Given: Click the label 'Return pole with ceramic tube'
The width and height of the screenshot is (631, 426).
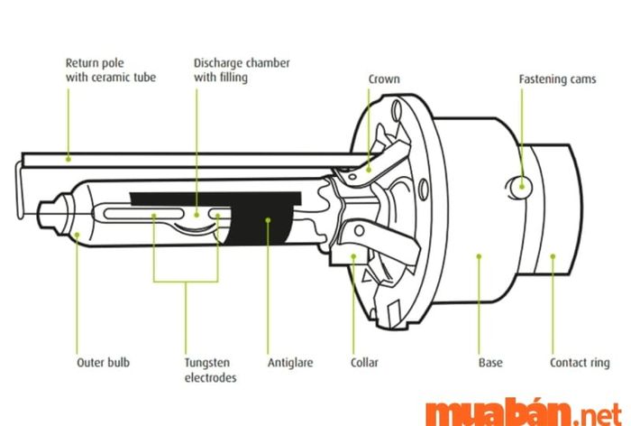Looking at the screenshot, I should point(110,70).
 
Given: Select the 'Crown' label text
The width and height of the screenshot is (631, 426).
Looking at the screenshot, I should point(383,79).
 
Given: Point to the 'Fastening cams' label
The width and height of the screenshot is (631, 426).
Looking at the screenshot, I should point(557,79).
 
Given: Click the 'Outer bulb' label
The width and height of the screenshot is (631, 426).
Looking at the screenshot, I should point(103,363).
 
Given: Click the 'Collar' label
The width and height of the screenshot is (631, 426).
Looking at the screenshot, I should point(364,363).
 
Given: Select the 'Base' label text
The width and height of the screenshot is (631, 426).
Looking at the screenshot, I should point(490,363).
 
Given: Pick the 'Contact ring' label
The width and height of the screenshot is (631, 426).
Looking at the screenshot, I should point(580,363).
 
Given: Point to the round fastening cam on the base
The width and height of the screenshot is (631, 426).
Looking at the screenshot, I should point(520,186).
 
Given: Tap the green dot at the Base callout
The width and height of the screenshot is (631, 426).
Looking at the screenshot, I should point(479,255).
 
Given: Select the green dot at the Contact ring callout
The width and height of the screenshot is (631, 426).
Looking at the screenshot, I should point(553,255).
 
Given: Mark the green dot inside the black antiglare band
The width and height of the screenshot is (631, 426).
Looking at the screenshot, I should point(268,218).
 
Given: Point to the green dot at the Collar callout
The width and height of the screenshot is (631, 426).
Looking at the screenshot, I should point(353,255).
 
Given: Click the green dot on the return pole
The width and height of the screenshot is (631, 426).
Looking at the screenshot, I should point(69,158).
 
